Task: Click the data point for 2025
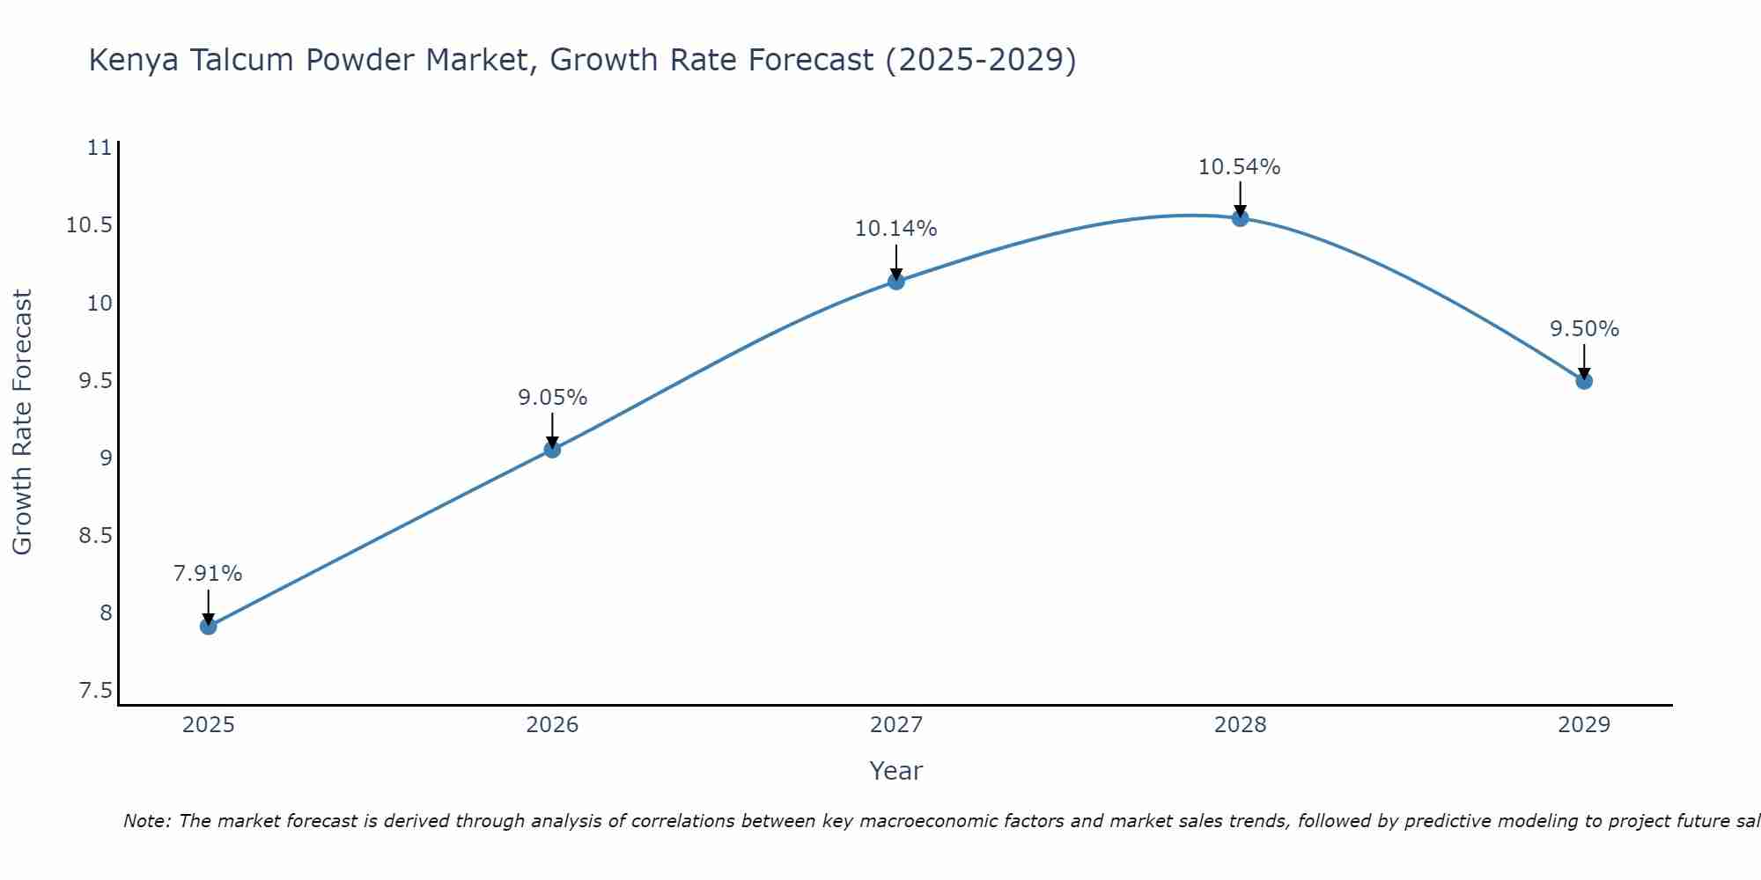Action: click(x=209, y=627)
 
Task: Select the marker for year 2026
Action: click(x=552, y=450)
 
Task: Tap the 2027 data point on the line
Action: click(x=896, y=282)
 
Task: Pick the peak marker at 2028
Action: click(x=1240, y=218)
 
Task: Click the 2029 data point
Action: click(x=1584, y=381)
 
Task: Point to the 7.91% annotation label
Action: click(x=208, y=574)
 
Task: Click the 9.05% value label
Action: click(x=552, y=398)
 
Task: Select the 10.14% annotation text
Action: click(x=896, y=229)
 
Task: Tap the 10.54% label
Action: click(x=1240, y=167)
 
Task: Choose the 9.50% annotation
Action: click(x=1584, y=329)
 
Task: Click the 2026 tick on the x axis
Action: click(x=552, y=725)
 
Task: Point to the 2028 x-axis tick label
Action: click(x=1240, y=725)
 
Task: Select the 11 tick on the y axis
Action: click(x=100, y=148)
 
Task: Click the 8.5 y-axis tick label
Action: click(x=95, y=536)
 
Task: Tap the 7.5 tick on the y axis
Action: click(x=95, y=691)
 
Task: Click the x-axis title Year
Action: click(x=895, y=771)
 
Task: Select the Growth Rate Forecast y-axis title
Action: click(x=22, y=422)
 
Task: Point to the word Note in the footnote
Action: click(x=146, y=821)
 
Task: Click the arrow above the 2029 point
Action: click(x=1584, y=361)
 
